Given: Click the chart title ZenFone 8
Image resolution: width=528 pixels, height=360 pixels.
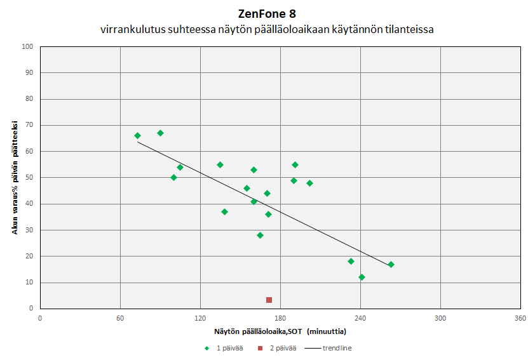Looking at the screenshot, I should tap(267, 14).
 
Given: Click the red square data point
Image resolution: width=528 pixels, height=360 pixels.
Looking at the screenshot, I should tap(269, 300).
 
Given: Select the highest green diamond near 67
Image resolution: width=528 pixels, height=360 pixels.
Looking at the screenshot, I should tap(160, 133).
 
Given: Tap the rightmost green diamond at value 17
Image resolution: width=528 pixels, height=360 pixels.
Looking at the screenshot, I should tap(391, 264).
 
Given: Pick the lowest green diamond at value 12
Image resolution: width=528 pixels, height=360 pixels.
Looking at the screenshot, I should tap(362, 277).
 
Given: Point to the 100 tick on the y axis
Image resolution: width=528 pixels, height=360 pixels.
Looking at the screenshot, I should tap(27, 46).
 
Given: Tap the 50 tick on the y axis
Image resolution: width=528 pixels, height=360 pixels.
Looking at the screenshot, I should tap(29, 177).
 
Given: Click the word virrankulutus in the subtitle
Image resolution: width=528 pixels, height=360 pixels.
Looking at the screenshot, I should tap(130, 29).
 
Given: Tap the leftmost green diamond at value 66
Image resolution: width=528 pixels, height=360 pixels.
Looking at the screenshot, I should tap(137, 135).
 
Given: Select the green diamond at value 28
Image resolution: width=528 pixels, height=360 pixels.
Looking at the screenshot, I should tap(260, 235).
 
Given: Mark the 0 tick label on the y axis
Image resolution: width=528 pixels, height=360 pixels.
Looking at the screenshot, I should tap(30, 308).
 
